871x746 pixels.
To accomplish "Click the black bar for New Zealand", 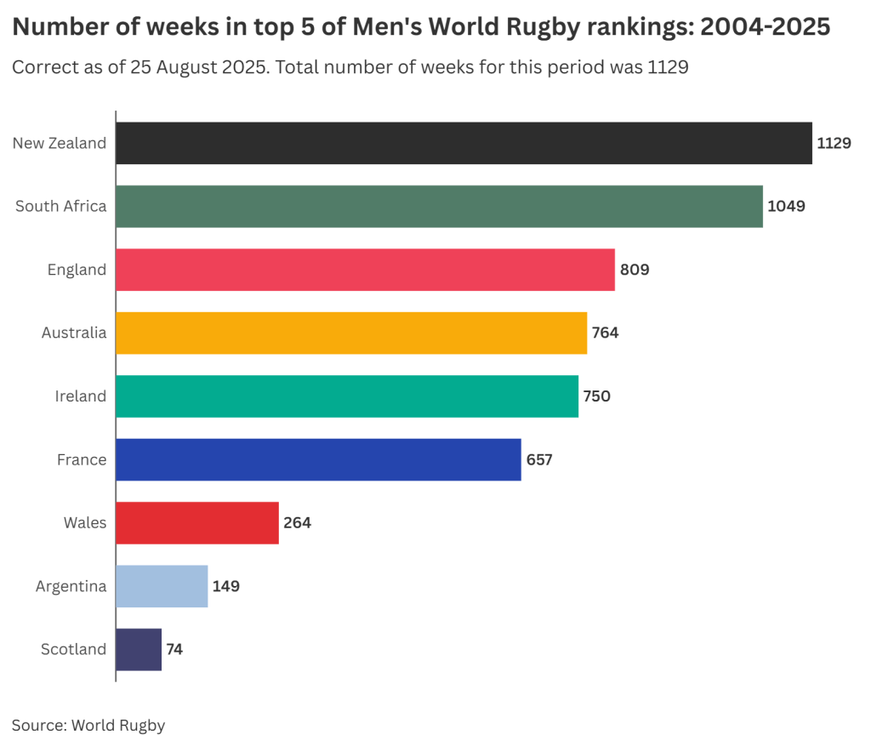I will [464, 143].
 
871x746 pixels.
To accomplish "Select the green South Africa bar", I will [439, 206].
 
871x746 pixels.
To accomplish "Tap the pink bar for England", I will [365, 270].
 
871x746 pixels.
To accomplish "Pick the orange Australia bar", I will [350, 333].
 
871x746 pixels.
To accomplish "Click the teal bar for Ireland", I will [346, 396].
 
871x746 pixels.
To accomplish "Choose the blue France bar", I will [318, 459].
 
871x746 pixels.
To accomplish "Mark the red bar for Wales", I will [196, 522].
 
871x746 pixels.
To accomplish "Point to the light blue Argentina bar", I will [162, 586].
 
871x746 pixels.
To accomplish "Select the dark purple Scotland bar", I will [138, 649].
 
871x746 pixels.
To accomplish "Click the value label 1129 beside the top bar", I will [834, 143].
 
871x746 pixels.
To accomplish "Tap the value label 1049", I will [786, 206].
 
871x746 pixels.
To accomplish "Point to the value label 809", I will [635, 270].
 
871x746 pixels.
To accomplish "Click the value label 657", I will [539, 459].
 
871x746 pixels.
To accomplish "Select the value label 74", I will [174, 649].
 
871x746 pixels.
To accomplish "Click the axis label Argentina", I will [71, 586].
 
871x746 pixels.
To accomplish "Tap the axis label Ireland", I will [81, 396].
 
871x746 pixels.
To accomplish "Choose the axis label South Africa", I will [61, 206].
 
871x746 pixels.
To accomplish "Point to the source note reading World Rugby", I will [118, 725].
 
